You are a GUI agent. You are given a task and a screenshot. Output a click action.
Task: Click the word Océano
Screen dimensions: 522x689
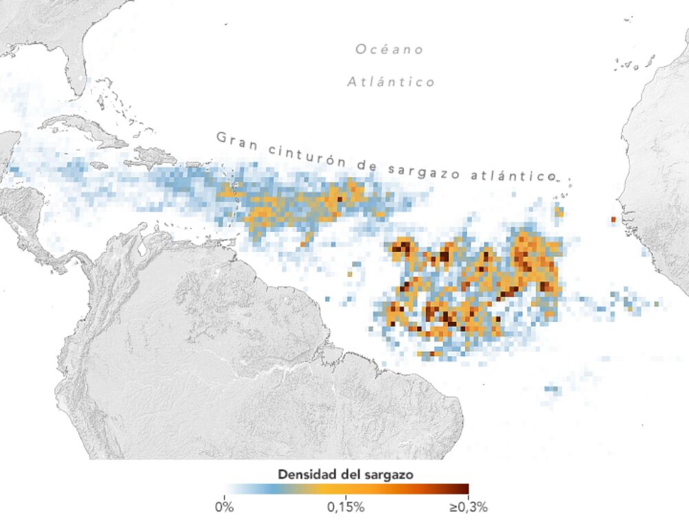pos(389,50)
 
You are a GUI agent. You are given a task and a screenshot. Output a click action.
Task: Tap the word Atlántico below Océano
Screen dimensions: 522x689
pos(391,82)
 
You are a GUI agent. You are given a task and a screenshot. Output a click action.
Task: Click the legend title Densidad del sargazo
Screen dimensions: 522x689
pos(346,474)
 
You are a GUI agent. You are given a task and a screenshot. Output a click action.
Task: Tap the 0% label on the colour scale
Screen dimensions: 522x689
pos(225,508)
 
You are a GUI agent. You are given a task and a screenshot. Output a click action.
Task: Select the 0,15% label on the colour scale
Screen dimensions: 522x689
pos(346,508)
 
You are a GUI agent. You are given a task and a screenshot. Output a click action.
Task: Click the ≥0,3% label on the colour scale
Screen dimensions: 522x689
pos(468,508)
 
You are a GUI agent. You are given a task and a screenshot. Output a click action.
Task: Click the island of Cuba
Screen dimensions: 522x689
pos(83,131)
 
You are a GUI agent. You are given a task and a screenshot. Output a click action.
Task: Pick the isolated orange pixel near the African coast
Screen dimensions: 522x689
pos(612,219)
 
